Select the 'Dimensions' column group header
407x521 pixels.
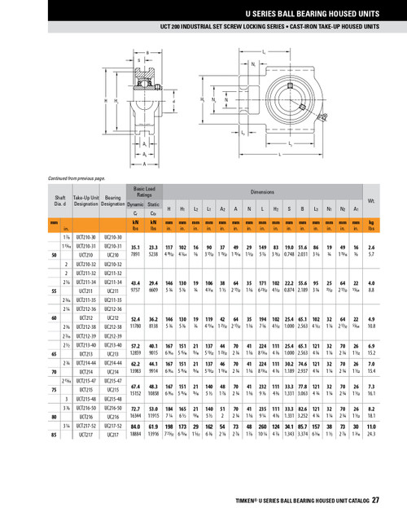[x=261, y=192]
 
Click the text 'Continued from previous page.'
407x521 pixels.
[x=77, y=177]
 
